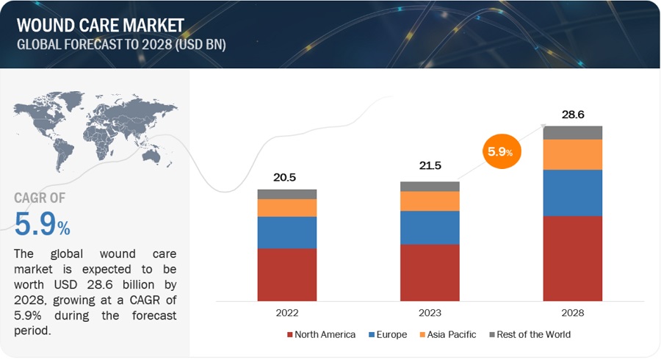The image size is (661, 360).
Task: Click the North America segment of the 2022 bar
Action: point(286,275)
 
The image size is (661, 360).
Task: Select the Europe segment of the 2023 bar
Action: point(430,227)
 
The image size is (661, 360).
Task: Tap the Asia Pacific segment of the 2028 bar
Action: point(573,154)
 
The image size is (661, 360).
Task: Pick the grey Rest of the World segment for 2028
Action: point(573,132)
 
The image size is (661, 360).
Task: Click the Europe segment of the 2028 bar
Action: point(573,192)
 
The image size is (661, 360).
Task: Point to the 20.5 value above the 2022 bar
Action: point(286,177)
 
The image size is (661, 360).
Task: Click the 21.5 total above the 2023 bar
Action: point(430,166)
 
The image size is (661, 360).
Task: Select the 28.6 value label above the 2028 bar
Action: point(573,115)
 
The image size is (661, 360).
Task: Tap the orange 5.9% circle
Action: point(502,152)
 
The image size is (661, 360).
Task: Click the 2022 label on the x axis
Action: point(286,313)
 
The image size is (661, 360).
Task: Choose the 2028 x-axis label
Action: point(573,313)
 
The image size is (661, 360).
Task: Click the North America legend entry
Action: point(320,334)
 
